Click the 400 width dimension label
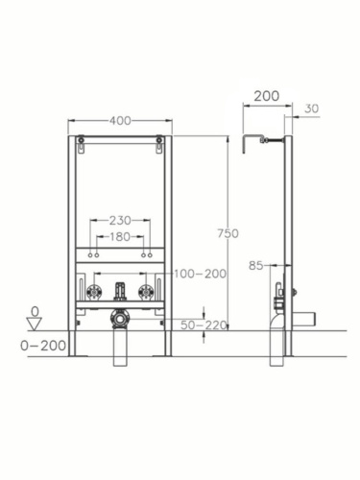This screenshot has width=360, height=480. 119,121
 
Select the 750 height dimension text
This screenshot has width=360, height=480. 227,233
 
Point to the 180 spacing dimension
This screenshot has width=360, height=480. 119,236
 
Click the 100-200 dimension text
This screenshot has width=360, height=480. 201,274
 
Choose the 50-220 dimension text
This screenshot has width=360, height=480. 203,325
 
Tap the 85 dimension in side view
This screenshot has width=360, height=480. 256,265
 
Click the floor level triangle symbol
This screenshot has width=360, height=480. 36,324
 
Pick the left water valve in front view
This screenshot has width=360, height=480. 94,293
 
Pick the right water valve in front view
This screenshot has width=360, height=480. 145,293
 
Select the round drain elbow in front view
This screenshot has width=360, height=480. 119,318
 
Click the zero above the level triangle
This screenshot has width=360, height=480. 36,310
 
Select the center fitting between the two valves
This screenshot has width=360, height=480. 119,291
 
